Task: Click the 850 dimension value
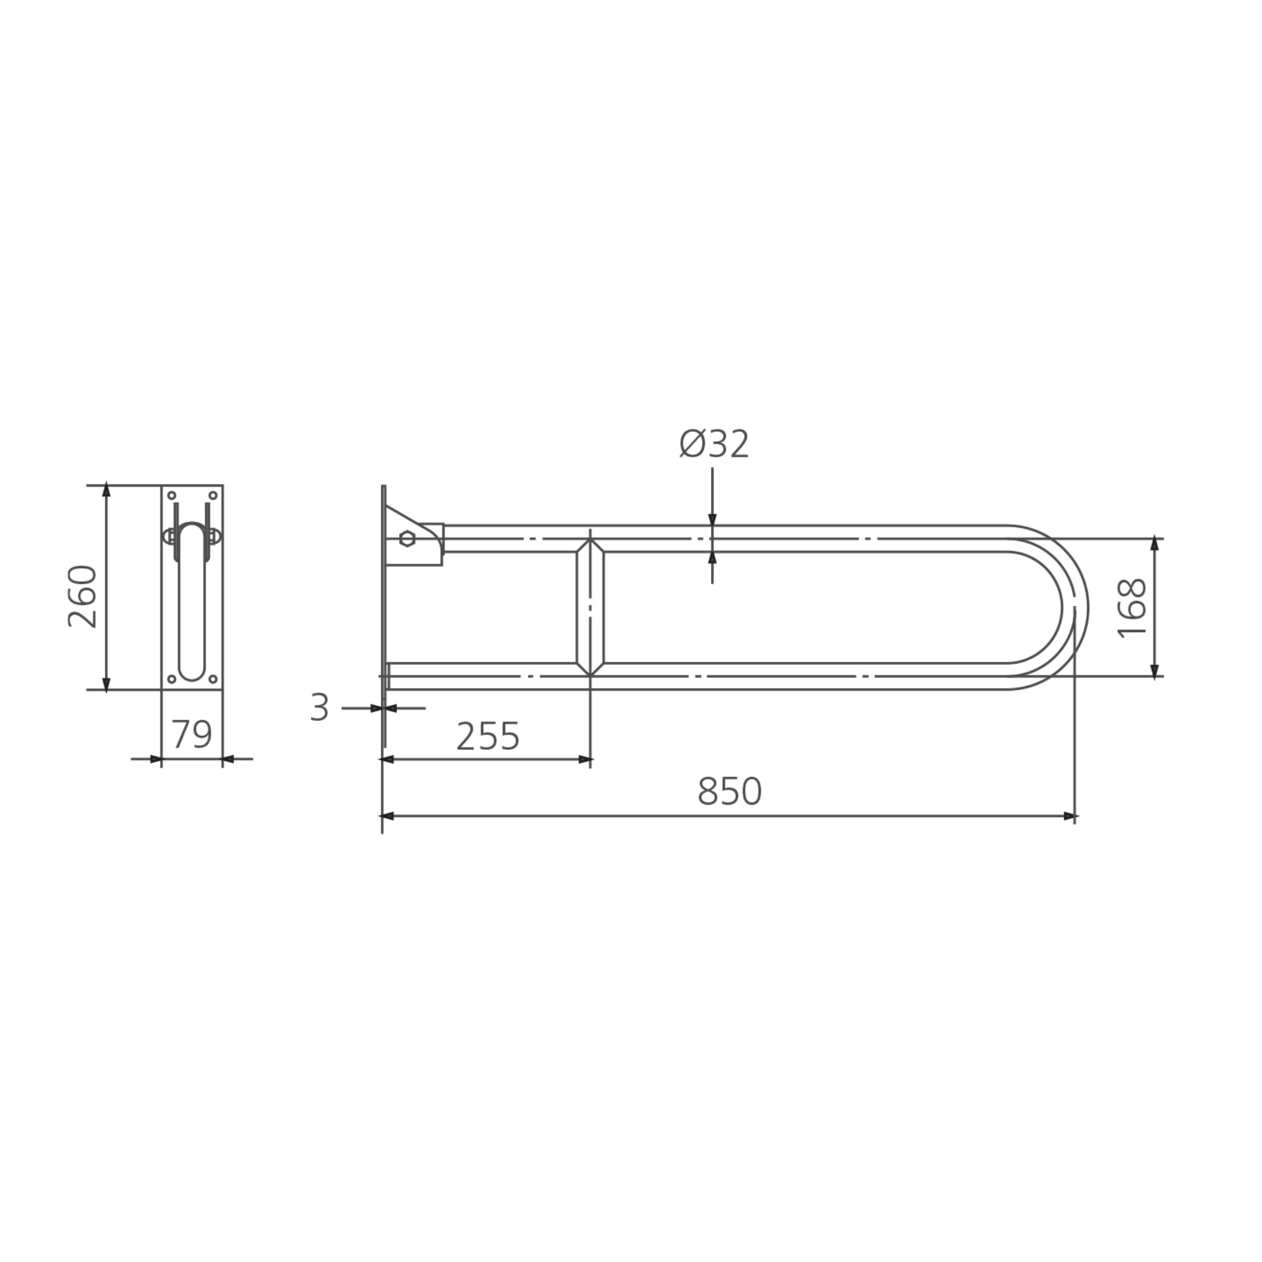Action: point(729,792)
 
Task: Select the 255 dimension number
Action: point(487,737)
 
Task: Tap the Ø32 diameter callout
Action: point(714,445)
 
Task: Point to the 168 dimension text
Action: point(1133,608)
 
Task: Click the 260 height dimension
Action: point(83,596)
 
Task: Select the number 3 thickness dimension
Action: point(319,707)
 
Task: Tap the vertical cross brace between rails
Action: point(590,608)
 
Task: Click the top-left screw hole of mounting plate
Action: point(172,496)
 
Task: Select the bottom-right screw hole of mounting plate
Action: point(213,678)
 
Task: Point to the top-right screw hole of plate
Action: point(213,496)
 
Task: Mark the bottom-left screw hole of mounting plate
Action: point(172,678)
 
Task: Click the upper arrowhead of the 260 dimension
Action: point(107,491)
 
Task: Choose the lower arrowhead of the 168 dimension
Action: point(1154,670)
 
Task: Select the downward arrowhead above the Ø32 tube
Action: point(712,519)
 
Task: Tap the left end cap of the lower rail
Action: point(388,676)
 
